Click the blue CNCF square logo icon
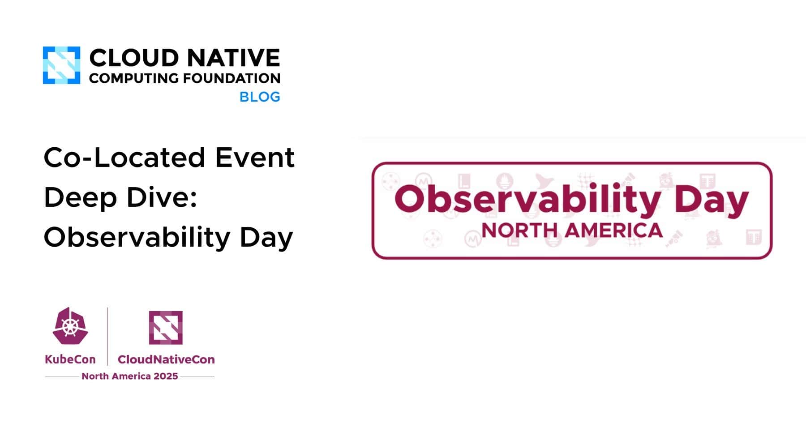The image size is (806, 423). coord(61,65)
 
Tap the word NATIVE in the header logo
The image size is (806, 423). coord(233,58)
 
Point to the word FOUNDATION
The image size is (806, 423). coord(232,78)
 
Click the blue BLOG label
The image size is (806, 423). coord(260,97)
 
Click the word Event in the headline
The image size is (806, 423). coord(255,158)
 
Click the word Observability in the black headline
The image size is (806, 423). coord(137,237)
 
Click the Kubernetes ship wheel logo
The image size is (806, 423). coord(70,326)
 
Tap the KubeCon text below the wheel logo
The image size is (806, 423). coord(70,359)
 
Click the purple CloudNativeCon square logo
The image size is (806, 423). coord(166,328)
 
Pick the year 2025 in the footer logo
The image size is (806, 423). coord(166,376)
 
